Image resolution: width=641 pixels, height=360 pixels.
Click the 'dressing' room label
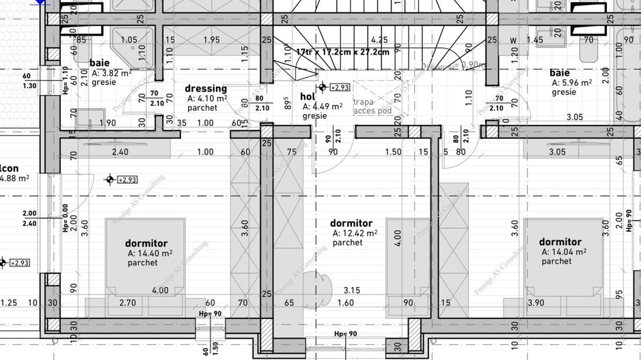point(206,89)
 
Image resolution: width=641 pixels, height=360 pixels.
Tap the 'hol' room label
point(308,97)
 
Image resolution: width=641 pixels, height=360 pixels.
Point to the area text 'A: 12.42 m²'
point(355,233)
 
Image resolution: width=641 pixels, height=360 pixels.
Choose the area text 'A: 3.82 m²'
point(111,73)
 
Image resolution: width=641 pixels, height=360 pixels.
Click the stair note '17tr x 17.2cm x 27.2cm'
point(342,52)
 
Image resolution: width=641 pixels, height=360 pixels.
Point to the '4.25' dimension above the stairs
point(379,40)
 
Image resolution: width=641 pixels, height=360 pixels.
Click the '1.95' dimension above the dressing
point(211,40)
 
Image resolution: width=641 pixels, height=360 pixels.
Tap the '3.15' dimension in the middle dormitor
point(352,290)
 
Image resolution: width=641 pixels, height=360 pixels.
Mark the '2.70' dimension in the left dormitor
point(127,303)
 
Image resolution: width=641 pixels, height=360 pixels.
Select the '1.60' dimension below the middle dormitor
point(346,303)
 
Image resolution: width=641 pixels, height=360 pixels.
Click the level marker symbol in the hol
point(323,87)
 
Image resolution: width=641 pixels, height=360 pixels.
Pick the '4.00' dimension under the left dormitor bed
point(160,290)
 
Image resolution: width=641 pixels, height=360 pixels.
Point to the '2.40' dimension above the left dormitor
point(120,152)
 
